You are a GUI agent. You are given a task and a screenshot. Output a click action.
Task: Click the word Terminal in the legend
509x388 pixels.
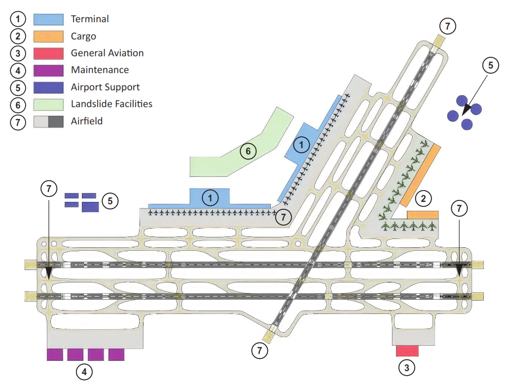click(x=90, y=19)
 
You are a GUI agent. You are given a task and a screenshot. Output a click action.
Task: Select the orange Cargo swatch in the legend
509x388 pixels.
click(x=48, y=37)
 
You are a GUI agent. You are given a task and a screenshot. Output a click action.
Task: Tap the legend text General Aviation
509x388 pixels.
click(x=107, y=53)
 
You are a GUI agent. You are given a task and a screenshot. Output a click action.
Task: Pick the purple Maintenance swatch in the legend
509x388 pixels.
click(x=48, y=71)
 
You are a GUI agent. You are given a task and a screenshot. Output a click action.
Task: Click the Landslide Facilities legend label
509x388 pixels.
click(x=111, y=104)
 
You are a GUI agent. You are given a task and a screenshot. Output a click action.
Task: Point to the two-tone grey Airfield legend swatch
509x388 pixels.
click(x=48, y=121)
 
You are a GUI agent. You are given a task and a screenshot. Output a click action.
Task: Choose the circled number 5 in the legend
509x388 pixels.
click(x=18, y=88)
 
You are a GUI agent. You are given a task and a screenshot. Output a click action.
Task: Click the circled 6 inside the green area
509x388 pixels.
click(x=248, y=151)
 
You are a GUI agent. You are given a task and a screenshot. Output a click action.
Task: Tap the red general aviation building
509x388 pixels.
click(x=407, y=351)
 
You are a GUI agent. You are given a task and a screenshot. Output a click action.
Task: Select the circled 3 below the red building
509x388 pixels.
click(x=407, y=368)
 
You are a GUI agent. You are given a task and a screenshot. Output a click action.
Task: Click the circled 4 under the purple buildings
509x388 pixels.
click(x=84, y=372)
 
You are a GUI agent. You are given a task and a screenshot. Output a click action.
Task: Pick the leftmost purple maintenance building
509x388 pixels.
click(x=55, y=354)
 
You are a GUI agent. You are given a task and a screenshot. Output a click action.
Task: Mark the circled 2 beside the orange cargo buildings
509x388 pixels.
click(x=423, y=198)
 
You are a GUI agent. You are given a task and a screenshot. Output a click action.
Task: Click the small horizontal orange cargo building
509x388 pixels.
click(x=423, y=215)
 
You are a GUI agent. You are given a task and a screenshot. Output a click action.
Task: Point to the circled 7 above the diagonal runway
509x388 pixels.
click(x=448, y=26)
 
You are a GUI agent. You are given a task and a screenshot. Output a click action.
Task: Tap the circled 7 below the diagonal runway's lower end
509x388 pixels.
click(x=260, y=350)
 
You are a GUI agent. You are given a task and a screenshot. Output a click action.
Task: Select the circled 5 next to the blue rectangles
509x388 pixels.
click(x=110, y=201)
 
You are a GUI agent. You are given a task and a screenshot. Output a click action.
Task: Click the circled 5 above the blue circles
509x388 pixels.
click(x=490, y=65)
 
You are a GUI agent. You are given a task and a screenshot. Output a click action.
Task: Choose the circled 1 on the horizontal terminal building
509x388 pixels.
click(x=210, y=198)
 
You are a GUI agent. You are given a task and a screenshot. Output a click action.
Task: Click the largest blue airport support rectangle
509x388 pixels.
click(x=90, y=207)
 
